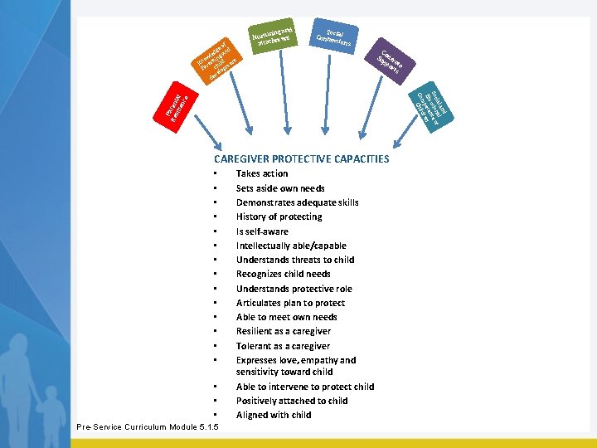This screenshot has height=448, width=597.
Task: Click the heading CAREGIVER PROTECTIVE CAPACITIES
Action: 301,158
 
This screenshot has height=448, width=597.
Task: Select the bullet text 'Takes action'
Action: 262,173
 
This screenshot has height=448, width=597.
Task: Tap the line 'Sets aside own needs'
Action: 280,188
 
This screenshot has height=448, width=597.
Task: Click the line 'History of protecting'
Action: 279,217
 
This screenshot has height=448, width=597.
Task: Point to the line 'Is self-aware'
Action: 264,231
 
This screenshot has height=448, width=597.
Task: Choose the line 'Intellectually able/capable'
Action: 291,246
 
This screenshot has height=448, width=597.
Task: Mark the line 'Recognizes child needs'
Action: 283,274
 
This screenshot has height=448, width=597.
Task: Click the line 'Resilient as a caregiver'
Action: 283,331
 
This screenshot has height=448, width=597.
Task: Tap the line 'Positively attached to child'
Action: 292,401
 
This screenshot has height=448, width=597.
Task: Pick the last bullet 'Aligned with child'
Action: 274,415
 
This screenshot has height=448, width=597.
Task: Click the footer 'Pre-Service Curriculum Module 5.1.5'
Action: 148,426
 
